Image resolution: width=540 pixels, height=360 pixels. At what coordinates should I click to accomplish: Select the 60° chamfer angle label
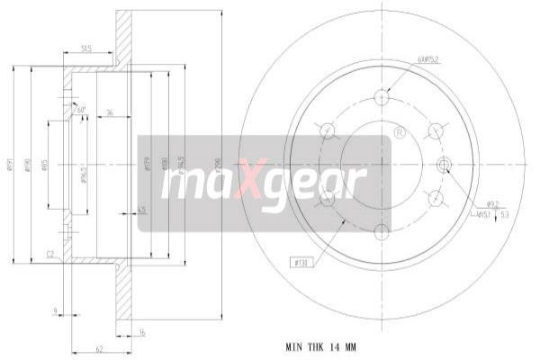pyautogui.click(x=81, y=110)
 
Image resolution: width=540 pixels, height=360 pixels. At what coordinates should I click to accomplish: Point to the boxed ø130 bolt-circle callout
pyautogui.click(x=301, y=263)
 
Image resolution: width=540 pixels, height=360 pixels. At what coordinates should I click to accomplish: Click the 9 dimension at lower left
pyautogui.click(x=56, y=311)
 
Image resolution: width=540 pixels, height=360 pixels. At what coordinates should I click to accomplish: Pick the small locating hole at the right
pyautogui.click(x=443, y=163)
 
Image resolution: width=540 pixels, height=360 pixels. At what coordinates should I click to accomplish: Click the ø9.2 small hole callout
pyautogui.click(x=493, y=205)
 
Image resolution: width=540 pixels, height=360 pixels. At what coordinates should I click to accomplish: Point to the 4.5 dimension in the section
pyautogui.click(x=142, y=211)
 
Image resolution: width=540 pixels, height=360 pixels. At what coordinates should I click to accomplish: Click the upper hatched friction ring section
pyautogui.click(x=122, y=36)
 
